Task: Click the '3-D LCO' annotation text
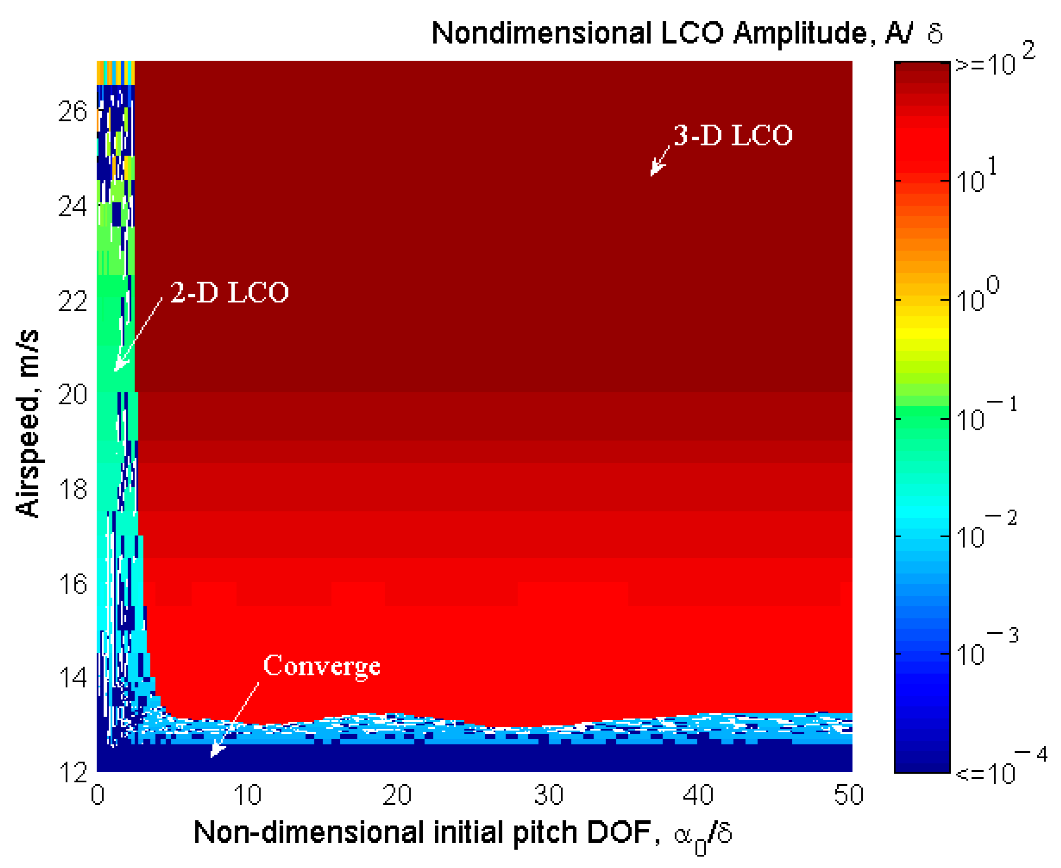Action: [x=733, y=136]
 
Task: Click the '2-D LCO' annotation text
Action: [x=229, y=293]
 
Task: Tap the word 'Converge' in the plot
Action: [x=321, y=666]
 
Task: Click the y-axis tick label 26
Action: [x=72, y=112]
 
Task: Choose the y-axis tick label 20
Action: [x=72, y=395]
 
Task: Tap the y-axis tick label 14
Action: [x=72, y=678]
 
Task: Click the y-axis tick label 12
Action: [x=72, y=773]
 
